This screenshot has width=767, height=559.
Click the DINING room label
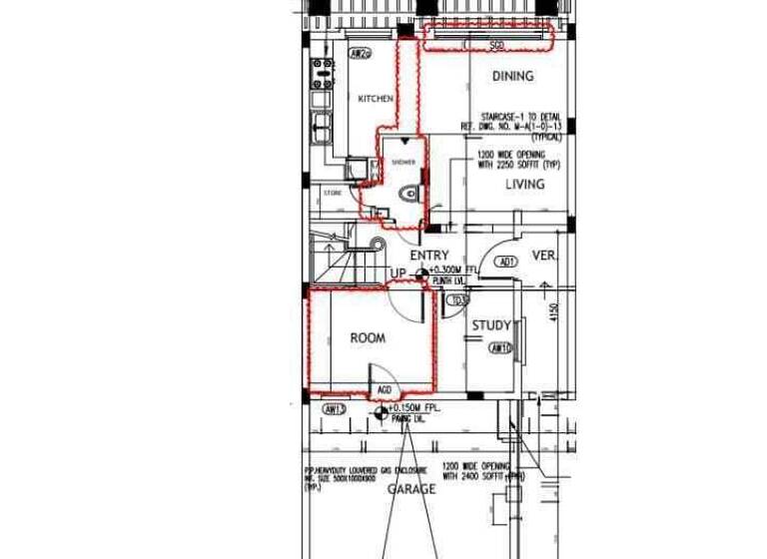click(x=513, y=76)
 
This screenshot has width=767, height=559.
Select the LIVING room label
click(x=524, y=185)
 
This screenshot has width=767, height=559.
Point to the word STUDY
click(x=491, y=325)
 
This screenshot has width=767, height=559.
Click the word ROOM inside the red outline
click(x=368, y=338)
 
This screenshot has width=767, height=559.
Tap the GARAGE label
click(x=411, y=489)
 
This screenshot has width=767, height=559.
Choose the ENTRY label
click(x=429, y=256)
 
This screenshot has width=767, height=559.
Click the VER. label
click(x=543, y=255)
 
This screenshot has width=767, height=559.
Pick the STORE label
click(x=332, y=193)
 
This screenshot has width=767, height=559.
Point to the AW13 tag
click(x=334, y=409)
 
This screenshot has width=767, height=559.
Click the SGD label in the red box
click(x=496, y=46)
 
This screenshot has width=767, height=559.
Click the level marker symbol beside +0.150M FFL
click(x=380, y=411)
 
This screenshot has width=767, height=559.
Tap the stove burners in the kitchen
click(x=323, y=72)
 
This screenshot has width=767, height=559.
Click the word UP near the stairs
click(x=397, y=273)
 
